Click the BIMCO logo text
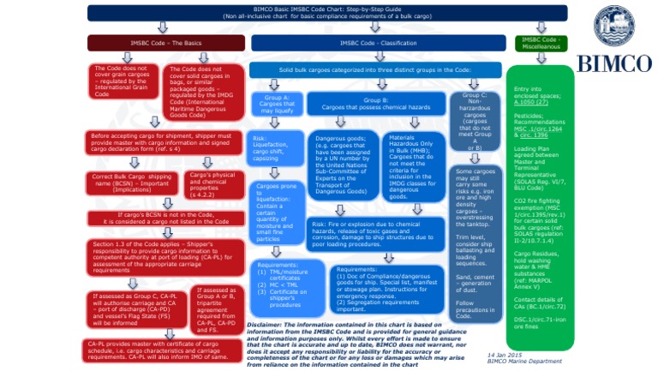click(x=615, y=63)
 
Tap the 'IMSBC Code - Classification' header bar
click(x=378, y=43)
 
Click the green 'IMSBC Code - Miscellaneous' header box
click(x=541, y=43)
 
